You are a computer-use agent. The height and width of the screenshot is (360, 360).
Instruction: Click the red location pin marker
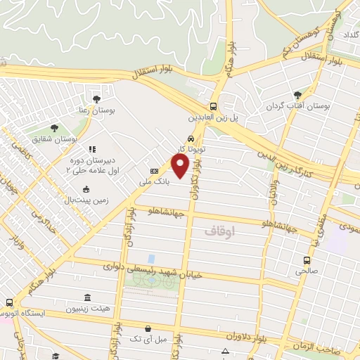181,166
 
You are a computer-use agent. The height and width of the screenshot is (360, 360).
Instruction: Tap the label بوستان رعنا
96,111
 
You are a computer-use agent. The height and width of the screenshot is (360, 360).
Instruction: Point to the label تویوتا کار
191,149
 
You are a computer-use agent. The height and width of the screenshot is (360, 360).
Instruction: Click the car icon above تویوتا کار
191,139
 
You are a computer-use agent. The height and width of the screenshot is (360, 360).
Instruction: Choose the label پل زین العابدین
214,118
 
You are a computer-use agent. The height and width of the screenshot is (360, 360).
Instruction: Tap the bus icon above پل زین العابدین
214,107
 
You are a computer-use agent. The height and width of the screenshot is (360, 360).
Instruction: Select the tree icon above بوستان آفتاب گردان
298,94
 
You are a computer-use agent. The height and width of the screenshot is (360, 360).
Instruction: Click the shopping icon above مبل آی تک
148,328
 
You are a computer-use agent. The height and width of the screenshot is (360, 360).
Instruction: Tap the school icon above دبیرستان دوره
91,149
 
